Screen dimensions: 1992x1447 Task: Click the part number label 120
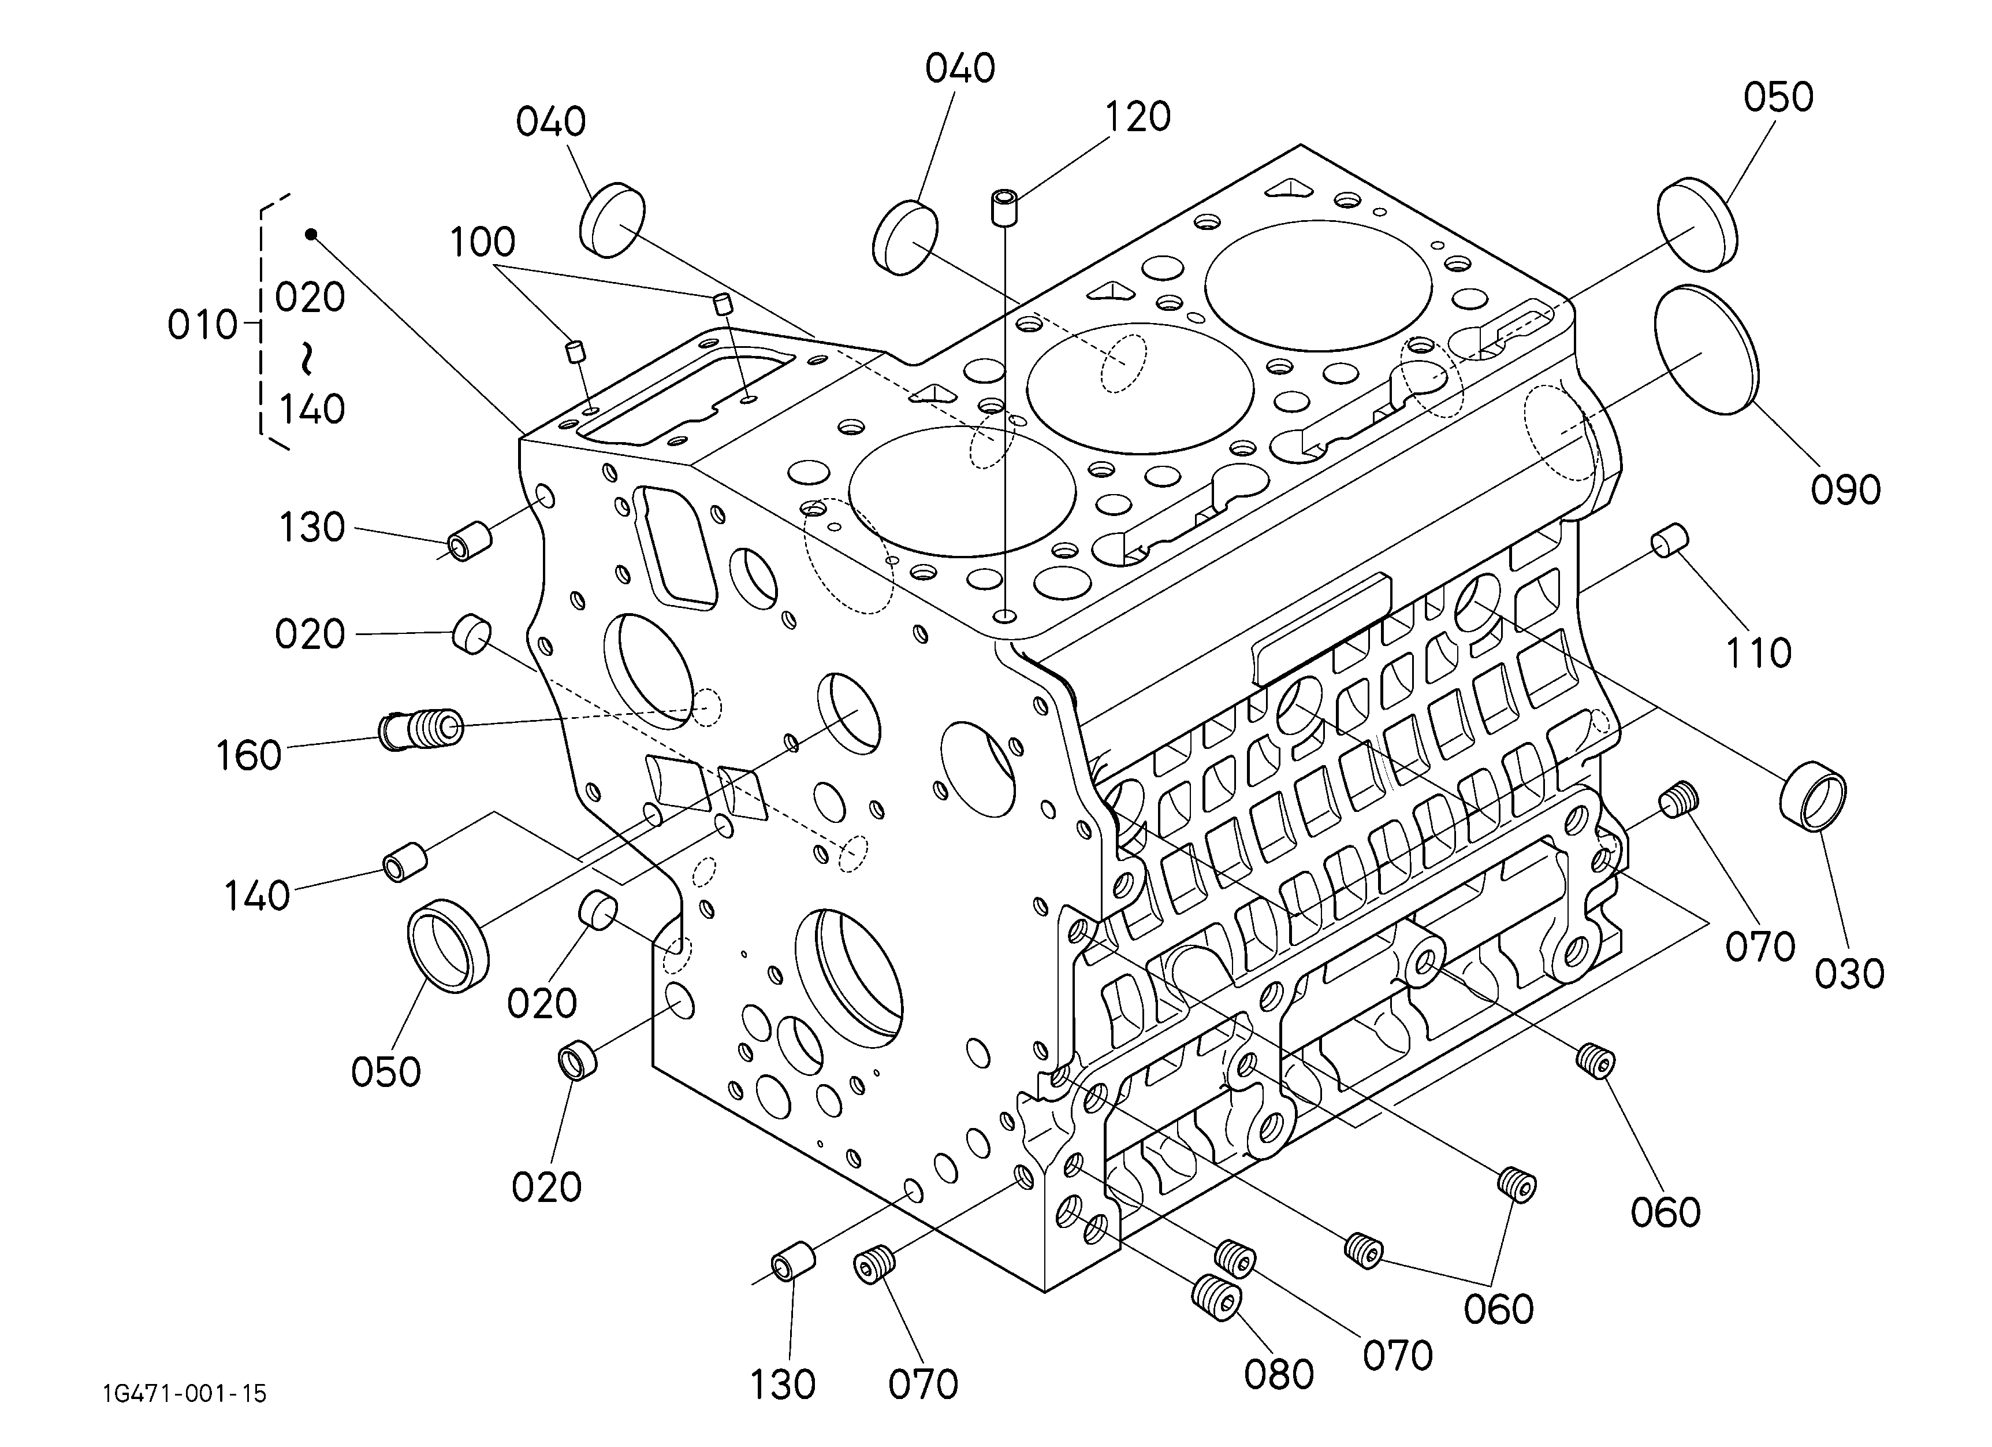[x=1137, y=117]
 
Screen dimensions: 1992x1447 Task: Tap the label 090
[x=1845, y=490]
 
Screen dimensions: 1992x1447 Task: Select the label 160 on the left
[x=248, y=755]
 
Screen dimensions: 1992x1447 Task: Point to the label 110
[x=1758, y=654]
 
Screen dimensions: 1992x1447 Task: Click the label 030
[x=1849, y=974]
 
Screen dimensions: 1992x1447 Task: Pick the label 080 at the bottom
[x=1278, y=1375]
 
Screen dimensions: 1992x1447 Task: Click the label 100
[x=482, y=242]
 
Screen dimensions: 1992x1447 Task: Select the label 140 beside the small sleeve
[x=256, y=896]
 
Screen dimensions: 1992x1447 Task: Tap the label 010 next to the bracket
[x=202, y=326]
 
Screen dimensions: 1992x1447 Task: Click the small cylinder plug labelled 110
[x=1669, y=539]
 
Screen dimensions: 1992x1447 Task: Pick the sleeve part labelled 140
[x=404, y=859]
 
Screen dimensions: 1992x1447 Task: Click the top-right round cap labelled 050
[x=1699, y=224]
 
